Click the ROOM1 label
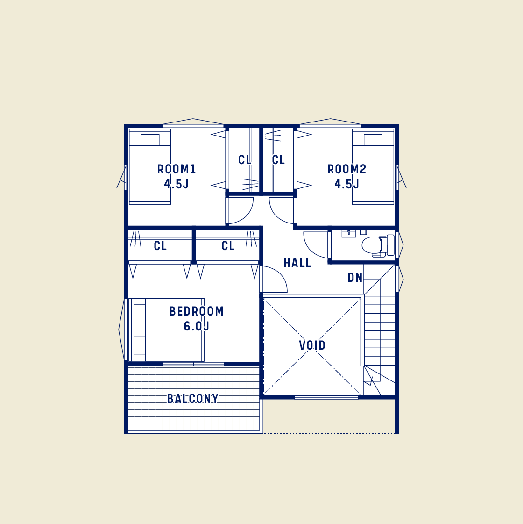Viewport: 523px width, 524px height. click(x=176, y=169)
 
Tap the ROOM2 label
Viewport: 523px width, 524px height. click(x=347, y=169)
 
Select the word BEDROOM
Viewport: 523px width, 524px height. click(x=196, y=311)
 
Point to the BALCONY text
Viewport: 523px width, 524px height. click(x=192, y=398)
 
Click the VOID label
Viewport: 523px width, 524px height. click(x=312, y=345)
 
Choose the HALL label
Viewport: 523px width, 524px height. click(x=297, y=263)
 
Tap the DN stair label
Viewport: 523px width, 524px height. click(x=355, y=277)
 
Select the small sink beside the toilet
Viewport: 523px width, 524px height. click(x=349, y=233)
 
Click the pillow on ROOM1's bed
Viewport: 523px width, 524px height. click(x=150, y=140)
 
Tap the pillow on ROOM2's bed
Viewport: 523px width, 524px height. click(x=373, y=140)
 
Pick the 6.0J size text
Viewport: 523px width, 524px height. click(x=196, y=326)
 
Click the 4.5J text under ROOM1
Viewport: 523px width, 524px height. click(x=176, y=184)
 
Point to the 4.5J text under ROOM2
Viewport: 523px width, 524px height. click(x=347, y=184)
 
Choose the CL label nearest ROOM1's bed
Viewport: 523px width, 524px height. click(x=160, y=245)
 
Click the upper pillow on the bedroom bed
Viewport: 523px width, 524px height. click(x=140, y=314)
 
